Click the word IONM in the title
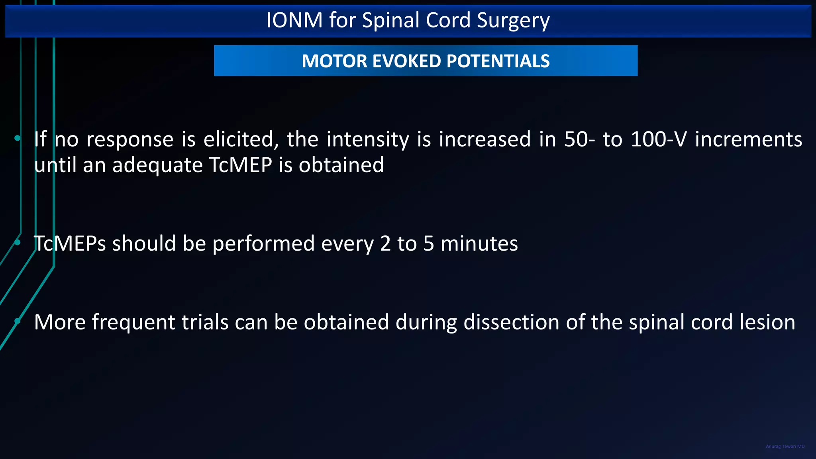click(294, 20)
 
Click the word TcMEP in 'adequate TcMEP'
click(240, 165)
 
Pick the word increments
click(748, 139)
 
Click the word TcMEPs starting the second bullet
click(70, 243)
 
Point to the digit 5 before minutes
click(428, 243)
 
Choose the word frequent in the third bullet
click(133, 322)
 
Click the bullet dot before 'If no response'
click(18, 138)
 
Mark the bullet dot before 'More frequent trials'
click(18, 321)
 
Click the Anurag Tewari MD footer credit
click(785, 446)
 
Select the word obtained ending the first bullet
click(341, 165)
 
